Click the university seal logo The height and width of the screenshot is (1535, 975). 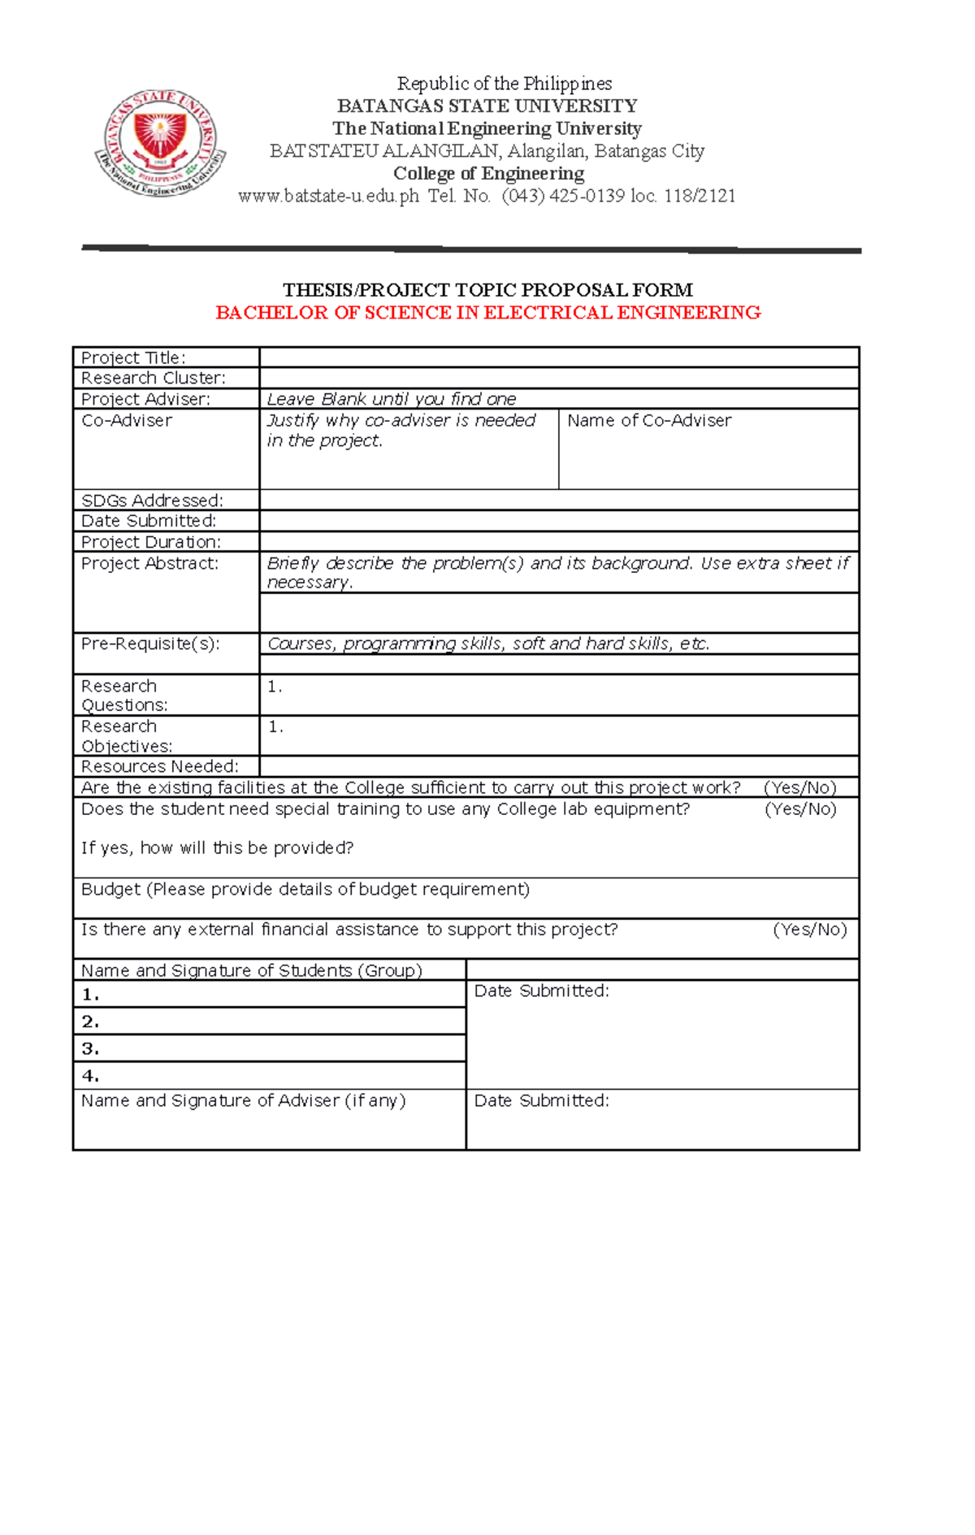tap(160, 143)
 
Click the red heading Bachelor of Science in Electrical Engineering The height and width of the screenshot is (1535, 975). tap(487, 313)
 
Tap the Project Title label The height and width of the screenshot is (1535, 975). tap(133, 358)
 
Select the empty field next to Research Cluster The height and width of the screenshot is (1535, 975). tap(558, 378)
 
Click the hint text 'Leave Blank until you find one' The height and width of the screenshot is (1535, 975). tap(392, 399)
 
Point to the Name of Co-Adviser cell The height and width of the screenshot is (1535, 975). tap(708, 449)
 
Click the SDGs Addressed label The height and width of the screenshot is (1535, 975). tap(152, 501)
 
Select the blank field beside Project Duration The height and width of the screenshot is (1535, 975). tap(558, 542)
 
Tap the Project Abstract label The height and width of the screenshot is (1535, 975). tap(149, 563)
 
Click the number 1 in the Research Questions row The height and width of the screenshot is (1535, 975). tap(274, 687)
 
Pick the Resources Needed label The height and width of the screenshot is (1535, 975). tap(159, 766)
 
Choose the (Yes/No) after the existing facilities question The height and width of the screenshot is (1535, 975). tap(799, 787)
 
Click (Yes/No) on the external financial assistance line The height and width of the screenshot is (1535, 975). tap(809, 930)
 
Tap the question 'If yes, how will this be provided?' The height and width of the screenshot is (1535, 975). tap(217, 848)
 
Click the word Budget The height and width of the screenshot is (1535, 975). tap(110, 889)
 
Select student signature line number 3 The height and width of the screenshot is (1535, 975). tap(268, 1048)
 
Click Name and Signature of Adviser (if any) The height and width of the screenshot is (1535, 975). tap(243, 1100)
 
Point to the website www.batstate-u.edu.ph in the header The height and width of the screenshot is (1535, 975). tap(328, 196)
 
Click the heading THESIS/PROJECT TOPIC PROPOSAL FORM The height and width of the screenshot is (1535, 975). tap(487, 290)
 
